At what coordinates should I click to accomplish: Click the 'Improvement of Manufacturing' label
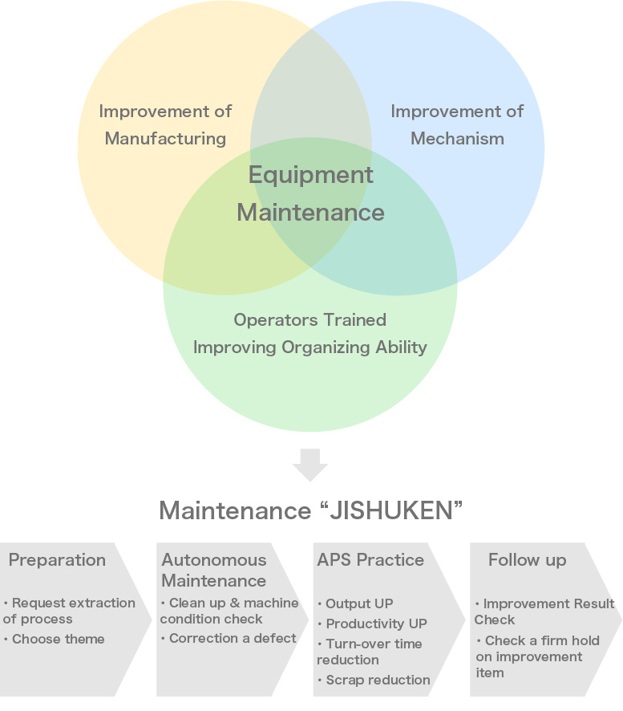point(165,125)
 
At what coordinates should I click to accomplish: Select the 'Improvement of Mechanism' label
point(457,125)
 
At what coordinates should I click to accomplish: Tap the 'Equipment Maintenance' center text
point(310,193)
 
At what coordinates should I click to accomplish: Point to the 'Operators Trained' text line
point(309,320)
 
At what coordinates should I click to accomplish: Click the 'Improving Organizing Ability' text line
point(309,347)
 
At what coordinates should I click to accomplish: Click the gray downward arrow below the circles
point(310,465)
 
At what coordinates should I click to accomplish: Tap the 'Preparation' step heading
point(57,560)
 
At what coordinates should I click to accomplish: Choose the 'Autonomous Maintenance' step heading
point(214,570)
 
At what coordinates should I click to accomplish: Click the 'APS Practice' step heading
point(370,560)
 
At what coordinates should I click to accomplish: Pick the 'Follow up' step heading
point(527,560)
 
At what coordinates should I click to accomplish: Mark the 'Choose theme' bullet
point(55,640)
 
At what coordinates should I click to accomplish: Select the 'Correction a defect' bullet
point(229,639)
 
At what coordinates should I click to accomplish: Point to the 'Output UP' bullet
point(356,603)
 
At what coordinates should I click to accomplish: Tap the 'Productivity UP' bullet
point(373,624)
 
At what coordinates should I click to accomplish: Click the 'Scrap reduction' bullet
point(374,681)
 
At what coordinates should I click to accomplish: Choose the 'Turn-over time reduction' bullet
point(370,652)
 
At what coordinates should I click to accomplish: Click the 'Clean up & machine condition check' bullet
point(229,611)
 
